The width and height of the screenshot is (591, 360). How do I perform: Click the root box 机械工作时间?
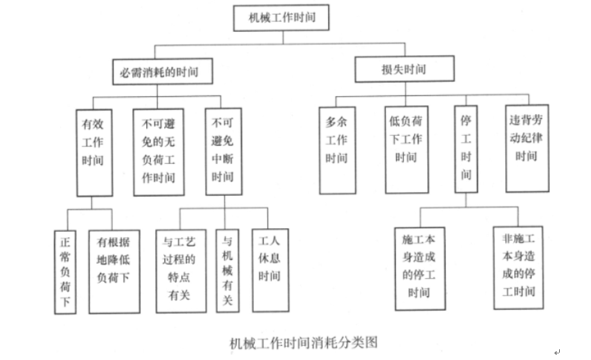(281, 18)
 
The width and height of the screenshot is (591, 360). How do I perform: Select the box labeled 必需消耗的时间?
(162, 71)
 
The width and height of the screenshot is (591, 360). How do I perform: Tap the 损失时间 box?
(404, 69)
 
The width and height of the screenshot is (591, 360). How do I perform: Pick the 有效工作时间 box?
(94, 153)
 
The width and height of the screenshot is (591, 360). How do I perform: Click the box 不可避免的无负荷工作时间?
(159, 153)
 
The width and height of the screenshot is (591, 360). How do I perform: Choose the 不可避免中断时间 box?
(224, 152)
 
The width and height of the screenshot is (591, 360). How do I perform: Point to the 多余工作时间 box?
(338, 150)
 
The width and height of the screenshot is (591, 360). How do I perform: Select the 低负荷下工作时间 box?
(407, 149)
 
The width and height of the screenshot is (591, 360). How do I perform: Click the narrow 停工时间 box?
(466, 149)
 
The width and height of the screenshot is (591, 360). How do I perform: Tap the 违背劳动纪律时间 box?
(527, 148)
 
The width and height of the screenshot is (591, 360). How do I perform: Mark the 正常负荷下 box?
(66, 272)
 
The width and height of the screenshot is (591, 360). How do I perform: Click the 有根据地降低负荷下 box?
(114, 271)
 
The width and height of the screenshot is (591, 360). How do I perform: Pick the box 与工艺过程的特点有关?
(181, 271)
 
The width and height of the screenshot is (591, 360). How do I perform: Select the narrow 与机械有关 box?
(228, 271)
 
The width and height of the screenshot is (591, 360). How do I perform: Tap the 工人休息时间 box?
(270, 271)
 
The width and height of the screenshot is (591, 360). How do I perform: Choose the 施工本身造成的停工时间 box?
(420, 269)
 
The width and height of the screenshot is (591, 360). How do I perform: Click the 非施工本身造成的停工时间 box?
(519, 268)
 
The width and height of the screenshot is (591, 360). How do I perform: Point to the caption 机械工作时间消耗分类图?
(304, 343)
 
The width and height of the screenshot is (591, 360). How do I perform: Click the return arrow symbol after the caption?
(557, 353)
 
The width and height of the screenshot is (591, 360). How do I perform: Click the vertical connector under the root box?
(283, 38)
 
